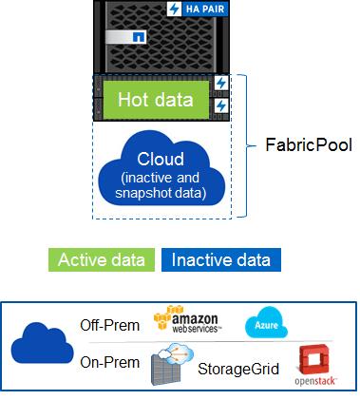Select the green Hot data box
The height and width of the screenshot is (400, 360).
tap(155, 99)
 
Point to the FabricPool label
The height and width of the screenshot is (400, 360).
tap(308, 146)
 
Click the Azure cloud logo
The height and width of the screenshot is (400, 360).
tap(263, 322)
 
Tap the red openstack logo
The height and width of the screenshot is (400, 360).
tap(313, 364)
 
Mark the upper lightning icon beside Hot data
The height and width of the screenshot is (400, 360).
tap(221, 84)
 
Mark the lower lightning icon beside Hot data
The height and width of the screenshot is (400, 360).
tap(221, 105)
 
